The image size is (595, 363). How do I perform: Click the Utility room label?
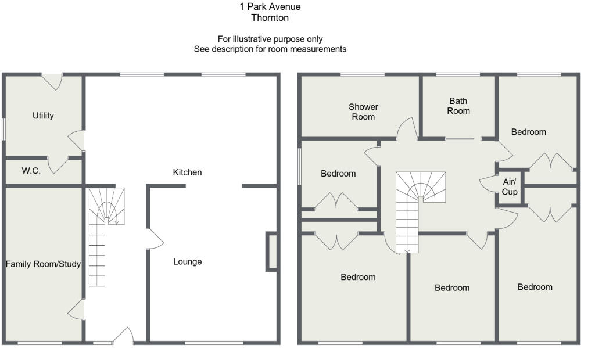(x=43, y=116)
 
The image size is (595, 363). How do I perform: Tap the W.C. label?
(x=31, y=171)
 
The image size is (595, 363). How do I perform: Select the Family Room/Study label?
(x=43, y=264)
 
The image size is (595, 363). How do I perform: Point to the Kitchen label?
(x=187, y=172)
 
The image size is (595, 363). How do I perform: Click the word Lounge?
(x=188, y=262)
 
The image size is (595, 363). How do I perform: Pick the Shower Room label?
(x=363, y=112)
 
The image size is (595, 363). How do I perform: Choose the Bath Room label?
(x=458, y=106)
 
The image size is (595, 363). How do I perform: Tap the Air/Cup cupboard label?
(x=509, y=187)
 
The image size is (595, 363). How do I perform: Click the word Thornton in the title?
(x=270, y=18)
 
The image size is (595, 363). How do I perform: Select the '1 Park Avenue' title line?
(x=270, y=6)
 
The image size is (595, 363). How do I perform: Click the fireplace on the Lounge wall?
(x=271, y=251)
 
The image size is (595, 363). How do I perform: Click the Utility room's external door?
(x=52, y=81)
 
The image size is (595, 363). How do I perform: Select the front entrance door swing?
(x=124, y=336)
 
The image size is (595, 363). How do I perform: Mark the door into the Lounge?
(x=155, y=239)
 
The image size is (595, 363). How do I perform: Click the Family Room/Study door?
(x=76, y=309)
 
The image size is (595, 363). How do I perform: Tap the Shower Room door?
(x=407, y=128)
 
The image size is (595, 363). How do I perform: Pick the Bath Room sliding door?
(x=460, y=139)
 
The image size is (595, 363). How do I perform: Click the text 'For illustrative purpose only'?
(x=270, y=39)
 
